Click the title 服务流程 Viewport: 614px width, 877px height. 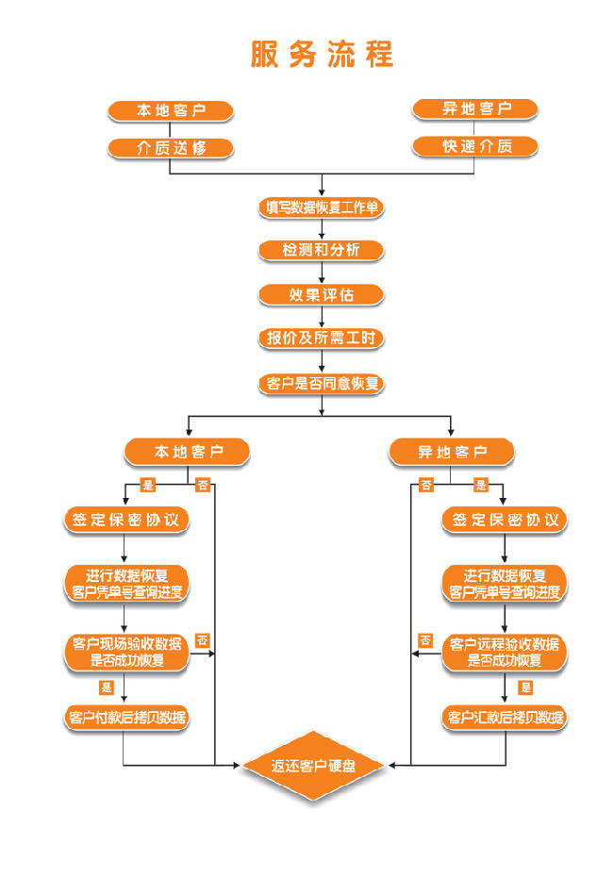[x=322, y=55]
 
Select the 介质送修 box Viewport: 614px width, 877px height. [x=171, y=148]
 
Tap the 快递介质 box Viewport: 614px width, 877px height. [x=474, y=146]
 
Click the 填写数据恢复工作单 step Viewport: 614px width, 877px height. [x=322, y=207]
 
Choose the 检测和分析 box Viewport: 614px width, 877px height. [x=322, y=250]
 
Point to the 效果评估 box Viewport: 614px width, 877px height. [x=322, y=295]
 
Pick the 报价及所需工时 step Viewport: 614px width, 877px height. [x=322, y=338]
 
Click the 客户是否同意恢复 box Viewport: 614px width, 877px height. [x=322, y=384]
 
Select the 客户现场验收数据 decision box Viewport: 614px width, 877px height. [x=126, y=653]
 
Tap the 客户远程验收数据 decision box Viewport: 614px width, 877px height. [x=505, y=653]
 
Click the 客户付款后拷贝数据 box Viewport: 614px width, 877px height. [x=126, y=717]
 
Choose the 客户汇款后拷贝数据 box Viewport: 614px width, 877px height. [x=505, y=717]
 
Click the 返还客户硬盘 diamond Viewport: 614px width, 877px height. [x=313, y=765]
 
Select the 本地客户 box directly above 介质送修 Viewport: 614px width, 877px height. [x=171, y=110]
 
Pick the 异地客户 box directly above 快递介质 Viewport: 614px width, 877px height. [x=474, y=108]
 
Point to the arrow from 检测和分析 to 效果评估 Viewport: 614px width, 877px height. [x=322, y=273]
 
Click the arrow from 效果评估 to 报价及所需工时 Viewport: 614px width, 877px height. [x=322, y=317]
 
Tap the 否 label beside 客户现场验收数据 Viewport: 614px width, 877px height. [x=203, y=640]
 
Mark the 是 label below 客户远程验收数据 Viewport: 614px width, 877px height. [x=525, y=687]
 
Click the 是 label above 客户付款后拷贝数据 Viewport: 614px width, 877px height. [x=107, y=687]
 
